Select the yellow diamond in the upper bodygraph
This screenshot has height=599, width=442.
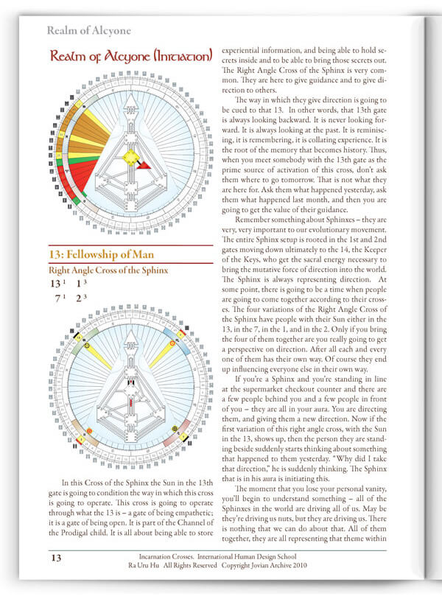[x=130, y=157]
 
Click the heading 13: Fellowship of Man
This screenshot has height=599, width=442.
[x=104, y=255]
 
